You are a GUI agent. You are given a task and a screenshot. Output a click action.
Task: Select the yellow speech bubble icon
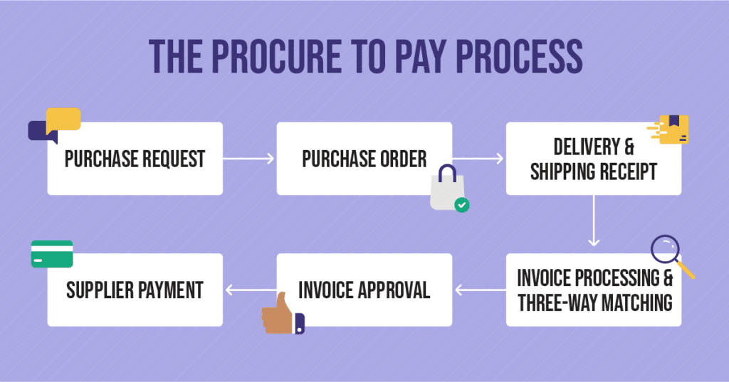tap(63, 120)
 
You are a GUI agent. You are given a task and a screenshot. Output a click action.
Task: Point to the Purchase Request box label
tap(135, 159)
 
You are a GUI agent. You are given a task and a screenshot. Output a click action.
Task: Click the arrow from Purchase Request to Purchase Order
tap(249, 159)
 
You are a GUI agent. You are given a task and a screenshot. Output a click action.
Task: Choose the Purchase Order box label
tap(364, 159)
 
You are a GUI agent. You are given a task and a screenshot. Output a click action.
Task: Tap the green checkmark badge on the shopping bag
tap(462, 206)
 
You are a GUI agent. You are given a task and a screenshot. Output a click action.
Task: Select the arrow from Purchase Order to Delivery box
tap(478, 159)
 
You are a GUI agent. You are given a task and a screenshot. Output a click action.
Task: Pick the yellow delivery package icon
tap(672, 129)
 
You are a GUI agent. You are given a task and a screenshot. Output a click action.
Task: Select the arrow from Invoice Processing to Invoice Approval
tap(479, 290)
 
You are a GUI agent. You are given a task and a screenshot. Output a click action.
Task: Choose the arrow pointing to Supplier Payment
tap(249, 290)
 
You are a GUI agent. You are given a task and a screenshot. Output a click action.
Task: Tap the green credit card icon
tap(52, 254)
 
